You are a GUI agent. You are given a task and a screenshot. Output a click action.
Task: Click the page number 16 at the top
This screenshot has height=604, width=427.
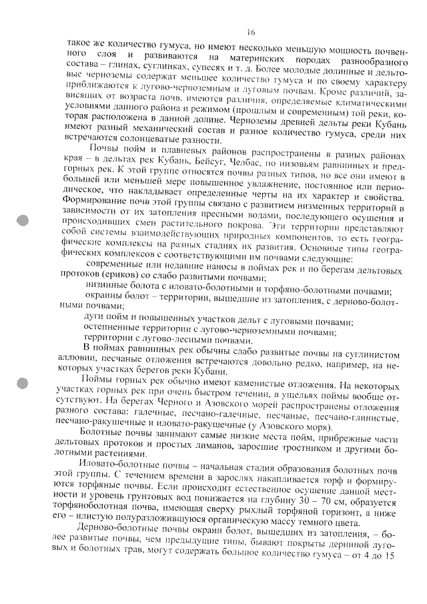click(x=251, y=31)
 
